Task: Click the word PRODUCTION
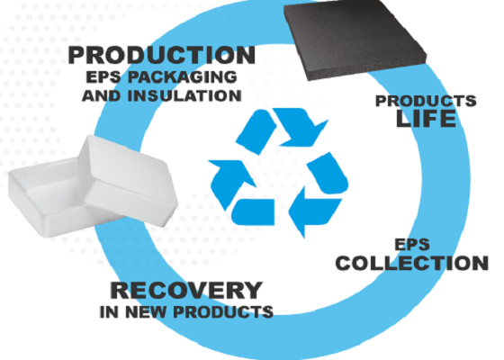[162, 55]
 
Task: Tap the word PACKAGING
[182, 77]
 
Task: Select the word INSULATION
[184, 95]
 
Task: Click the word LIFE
[426, 118]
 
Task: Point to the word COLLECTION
[412, 263]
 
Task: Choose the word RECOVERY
[186, 290]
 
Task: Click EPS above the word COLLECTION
[412, 244]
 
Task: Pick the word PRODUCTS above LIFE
[426, 101]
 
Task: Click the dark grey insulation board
[355, 39]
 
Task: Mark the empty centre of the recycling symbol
[280, 176]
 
